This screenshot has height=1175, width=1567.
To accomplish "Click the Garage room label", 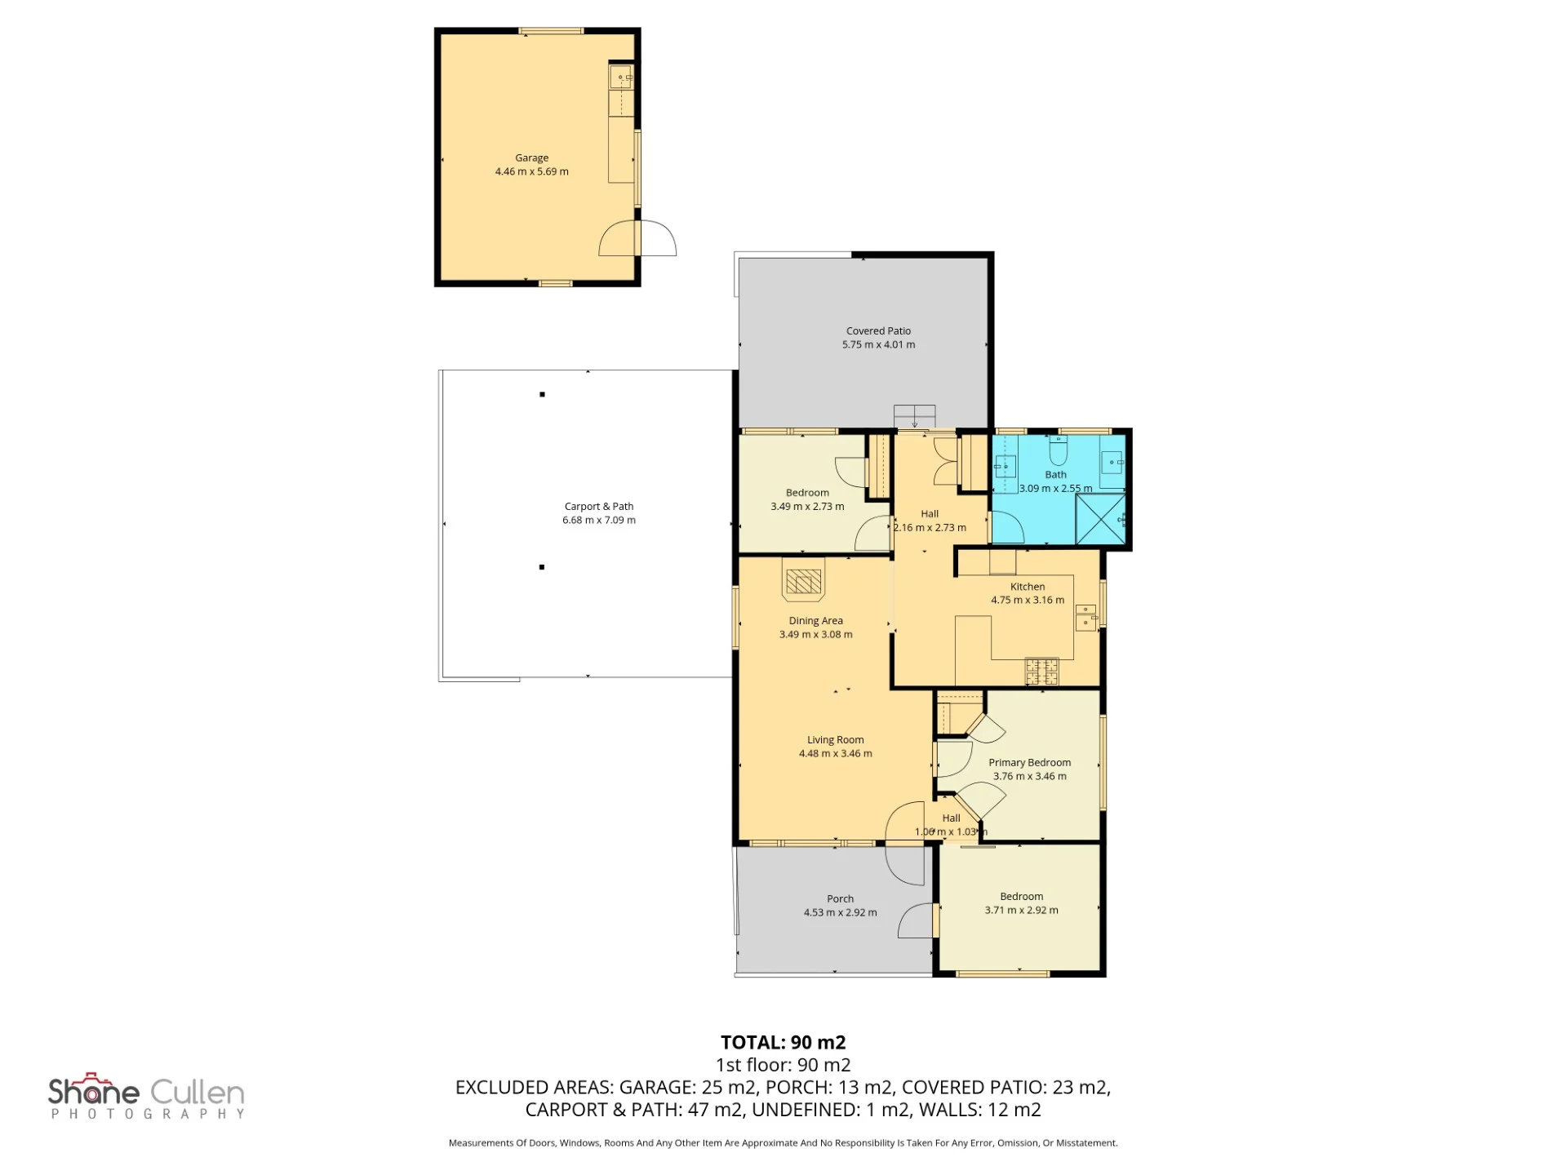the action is click(531, 157).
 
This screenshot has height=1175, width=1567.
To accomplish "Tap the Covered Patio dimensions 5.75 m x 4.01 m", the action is click(878, 344).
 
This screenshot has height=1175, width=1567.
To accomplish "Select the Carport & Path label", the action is click(598, 506).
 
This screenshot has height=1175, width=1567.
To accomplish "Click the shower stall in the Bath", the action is click(1100, 518).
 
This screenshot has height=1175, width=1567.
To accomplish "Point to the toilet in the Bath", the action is click(1059, 450).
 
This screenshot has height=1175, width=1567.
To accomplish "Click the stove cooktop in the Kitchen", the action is click(1042, 672).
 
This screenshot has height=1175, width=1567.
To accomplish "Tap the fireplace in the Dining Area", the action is click(803, 579).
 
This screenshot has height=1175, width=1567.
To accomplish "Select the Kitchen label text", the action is click(1028, 586).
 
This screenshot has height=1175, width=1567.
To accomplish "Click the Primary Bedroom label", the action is click(1029, 762).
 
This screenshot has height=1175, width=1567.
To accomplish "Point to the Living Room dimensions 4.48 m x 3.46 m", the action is click(835, 753).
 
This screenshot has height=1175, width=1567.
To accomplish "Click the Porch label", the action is click(840, 898).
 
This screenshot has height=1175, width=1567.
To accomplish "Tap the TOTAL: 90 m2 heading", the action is click(783, 1042).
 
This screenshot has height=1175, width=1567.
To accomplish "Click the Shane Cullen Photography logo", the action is click(147, 1095).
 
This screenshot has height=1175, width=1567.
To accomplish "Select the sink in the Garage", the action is click(621, 77).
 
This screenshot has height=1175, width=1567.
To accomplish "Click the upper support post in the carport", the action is click(542, 394).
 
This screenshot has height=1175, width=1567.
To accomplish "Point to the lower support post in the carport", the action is click(542, 567).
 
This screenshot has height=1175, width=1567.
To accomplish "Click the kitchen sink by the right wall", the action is click(1086, 618).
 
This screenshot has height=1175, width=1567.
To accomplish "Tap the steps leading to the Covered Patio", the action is click(914, 416).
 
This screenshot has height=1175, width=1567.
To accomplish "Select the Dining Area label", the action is click(815, 620).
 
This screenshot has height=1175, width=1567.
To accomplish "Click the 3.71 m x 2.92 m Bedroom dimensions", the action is click(1021, 910).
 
